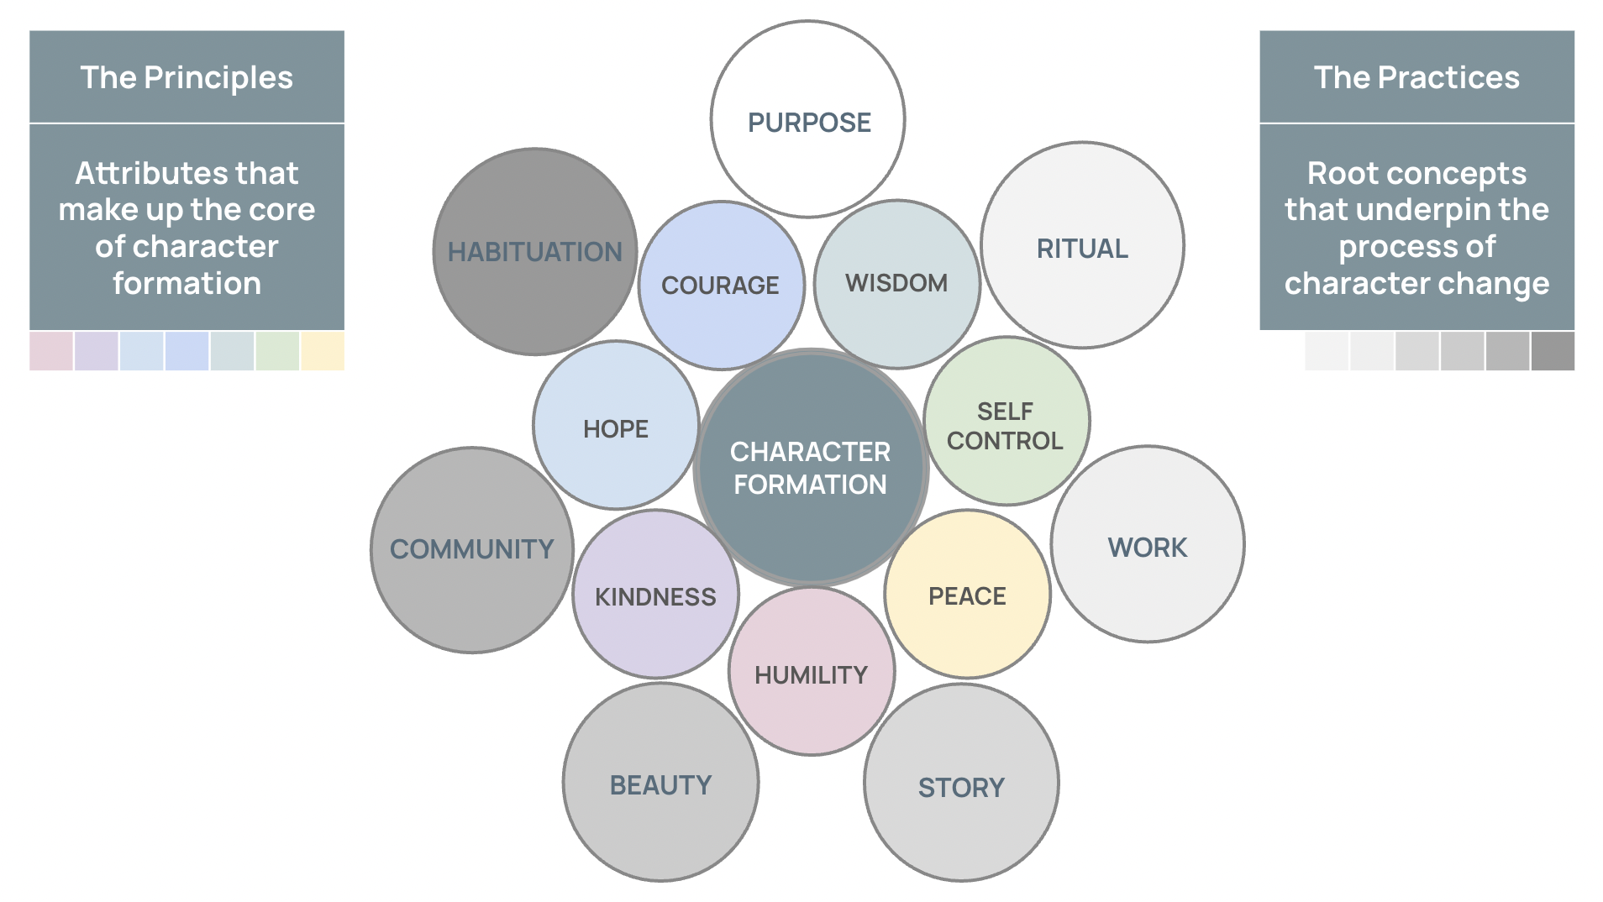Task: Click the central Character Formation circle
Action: coord(810,467)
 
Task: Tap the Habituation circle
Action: coord(534,251)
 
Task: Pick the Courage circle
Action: coord(721,285)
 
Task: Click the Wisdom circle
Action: coord(896,283)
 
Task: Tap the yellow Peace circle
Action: coord(967,595)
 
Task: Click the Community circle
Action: coord(472,550)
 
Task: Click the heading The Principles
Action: coord(187,77)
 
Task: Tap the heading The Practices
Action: coord(1416,77)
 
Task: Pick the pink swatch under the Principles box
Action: coord(51,351)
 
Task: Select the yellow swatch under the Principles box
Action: coord(323,351)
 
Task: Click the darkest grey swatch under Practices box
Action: coord(1553,351)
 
